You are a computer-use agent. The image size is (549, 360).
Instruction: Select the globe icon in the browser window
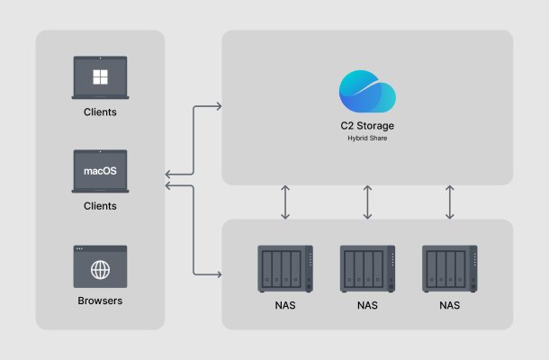tap(100, 269)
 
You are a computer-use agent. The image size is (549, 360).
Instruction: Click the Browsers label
tap(100, 300)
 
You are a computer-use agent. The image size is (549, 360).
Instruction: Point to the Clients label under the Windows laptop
tap(100, 112)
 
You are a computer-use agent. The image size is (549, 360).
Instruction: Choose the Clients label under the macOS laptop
tap(100, 206)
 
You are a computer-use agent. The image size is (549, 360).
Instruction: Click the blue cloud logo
tap(367, 93)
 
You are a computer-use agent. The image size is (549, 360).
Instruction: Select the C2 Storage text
tap(367, 126)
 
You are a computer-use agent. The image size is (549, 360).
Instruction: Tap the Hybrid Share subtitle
tap(367, 139)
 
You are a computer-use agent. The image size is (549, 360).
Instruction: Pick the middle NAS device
tap(367, 268)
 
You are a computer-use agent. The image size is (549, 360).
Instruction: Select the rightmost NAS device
tap(449, 268)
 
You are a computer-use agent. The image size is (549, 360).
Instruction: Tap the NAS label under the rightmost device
tap(449, 305)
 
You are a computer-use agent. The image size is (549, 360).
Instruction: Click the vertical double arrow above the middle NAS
tap(367, 202)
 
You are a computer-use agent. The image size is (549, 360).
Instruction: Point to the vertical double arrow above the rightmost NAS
tap(449, 202)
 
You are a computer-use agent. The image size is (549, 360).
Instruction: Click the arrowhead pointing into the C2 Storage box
tap(218, 107)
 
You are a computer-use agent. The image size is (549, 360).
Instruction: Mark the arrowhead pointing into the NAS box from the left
tap(218, 274)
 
